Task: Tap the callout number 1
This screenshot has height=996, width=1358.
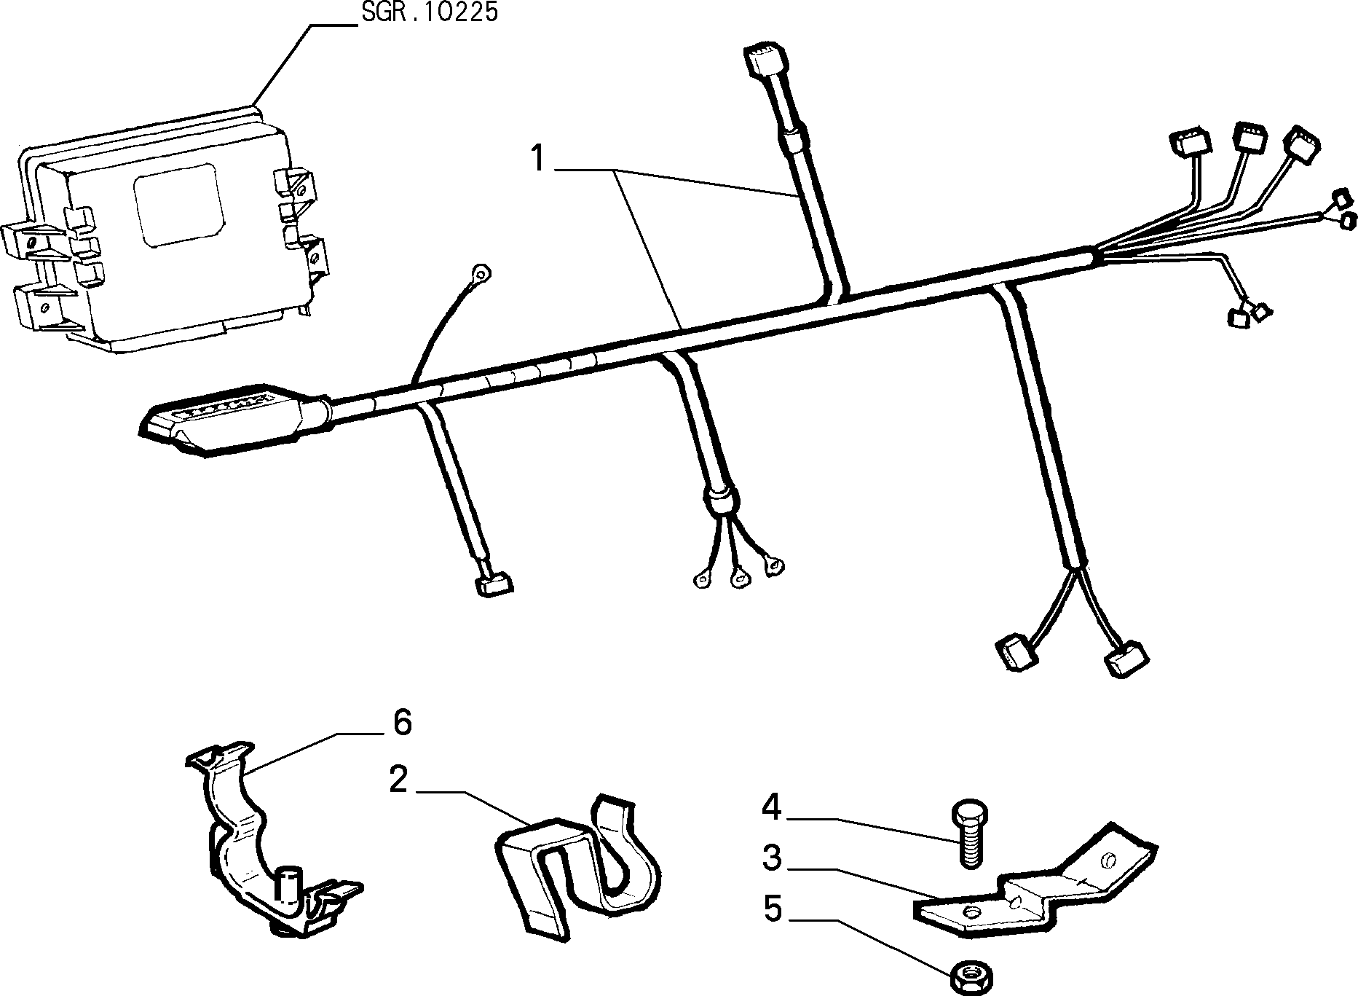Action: point(538,158)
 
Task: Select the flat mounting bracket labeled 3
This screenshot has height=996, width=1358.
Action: point(1034,886)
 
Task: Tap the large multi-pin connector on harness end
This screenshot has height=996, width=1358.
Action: point(233,419)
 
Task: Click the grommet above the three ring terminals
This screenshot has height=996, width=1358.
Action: point(719,500)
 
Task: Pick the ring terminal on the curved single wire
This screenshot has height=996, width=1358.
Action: point(480,275)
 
